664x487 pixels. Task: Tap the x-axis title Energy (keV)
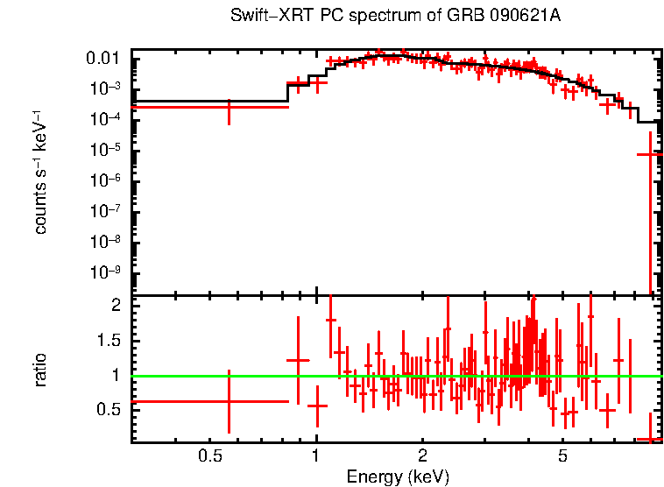(398, 476)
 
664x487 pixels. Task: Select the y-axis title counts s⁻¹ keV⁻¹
(40, 173)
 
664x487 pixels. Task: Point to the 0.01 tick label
(109, 59)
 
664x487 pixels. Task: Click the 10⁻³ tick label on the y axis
(109, 89)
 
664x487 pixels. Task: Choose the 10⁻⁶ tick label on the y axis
(109, 181)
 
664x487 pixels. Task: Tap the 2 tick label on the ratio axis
(115, 306)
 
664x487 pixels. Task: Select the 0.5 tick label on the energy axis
(208, 455)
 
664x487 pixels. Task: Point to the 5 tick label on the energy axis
(562, 455)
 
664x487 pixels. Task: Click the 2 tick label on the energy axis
(421, 455)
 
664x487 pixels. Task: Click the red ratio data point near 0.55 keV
(229, 401)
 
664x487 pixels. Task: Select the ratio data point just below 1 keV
(298, 360)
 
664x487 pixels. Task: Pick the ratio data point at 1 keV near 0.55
(317, 406)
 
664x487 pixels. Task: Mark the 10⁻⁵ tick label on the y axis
(109, 151)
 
